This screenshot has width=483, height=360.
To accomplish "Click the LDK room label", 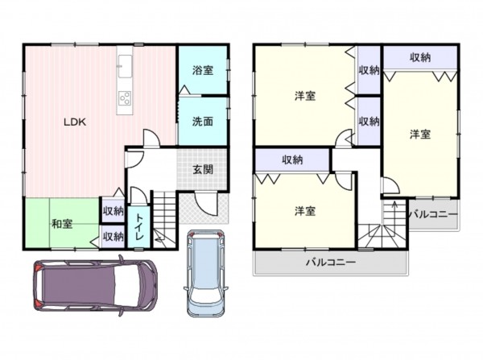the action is point(75,122).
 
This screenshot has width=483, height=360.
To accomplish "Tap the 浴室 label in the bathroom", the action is point(203,70).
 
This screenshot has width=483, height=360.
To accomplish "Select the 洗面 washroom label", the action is point(203,122).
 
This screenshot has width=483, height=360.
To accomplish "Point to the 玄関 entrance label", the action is point(203,169).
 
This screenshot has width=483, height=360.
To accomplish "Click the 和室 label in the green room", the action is point(62,224).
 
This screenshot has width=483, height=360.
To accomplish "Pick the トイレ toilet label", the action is point(139,227).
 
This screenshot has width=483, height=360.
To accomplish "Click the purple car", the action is point(96,285).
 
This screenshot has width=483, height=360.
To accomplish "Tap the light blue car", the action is point(206,273).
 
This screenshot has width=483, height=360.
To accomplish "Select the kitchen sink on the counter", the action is point(125,67).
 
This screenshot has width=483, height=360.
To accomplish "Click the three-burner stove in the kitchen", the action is point(125,98).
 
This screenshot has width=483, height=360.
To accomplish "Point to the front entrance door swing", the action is point(206,204).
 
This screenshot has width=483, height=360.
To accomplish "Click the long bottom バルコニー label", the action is point(331,263).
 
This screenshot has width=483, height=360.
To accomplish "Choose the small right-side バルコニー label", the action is point(434,214).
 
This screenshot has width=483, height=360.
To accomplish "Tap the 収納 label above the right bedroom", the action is point(420,57).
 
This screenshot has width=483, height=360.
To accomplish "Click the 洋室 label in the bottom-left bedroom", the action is point(305,212).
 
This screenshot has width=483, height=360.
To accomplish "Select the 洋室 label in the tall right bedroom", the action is point(420,134).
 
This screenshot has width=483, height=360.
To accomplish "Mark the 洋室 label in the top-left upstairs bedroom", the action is point(305,96).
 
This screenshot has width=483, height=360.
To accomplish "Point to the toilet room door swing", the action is point(138,195).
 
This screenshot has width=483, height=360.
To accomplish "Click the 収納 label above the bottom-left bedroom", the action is point(292,159).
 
